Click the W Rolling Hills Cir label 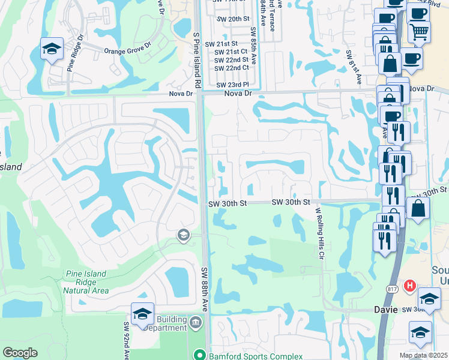[319, 233]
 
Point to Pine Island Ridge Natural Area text [86, 282]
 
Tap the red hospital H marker [411, 286]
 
